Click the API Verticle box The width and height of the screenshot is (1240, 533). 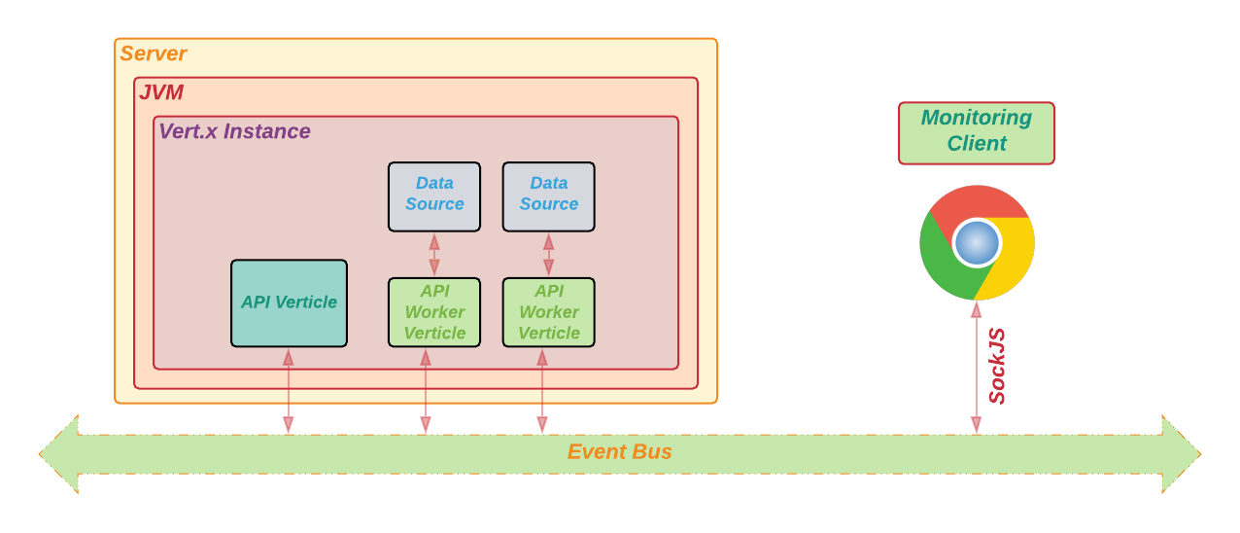pyautogui.click(x=289, y=302)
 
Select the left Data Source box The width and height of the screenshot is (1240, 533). pyautogui.click(x=434, y=196)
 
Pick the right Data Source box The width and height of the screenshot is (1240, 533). pyautogui.click(x=548, y=196)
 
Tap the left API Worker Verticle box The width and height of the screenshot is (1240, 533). pyautogui.click(x=434, y=312)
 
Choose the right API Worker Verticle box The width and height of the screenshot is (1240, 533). pyautogui.click(x=548, y=312)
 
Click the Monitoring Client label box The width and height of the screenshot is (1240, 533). pyautogui.click(x=977, y=133)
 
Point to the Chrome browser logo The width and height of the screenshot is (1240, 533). pyautogui.click(x=977, y=242)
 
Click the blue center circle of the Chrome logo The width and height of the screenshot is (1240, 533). pyautogui.click(x=977, y=243)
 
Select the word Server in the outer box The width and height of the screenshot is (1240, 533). pyautogui.click(x=154, y=54)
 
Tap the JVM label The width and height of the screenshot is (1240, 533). pyautogui.click(x=161, y=93)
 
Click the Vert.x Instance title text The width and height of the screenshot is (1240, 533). pyautogui.click(x=234, y=131)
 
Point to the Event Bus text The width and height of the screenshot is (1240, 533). pyautogui.click(x=620, y=452)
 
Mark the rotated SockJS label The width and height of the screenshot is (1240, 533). pyautogui.click(x=997, y=366)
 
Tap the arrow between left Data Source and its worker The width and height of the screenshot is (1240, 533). pyautogui.click(x=434, y=255)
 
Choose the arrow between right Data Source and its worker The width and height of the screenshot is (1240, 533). pyautogui.click(x=548, y=255)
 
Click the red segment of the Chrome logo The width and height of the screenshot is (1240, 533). pyautogui.click(x=972, y=201)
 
